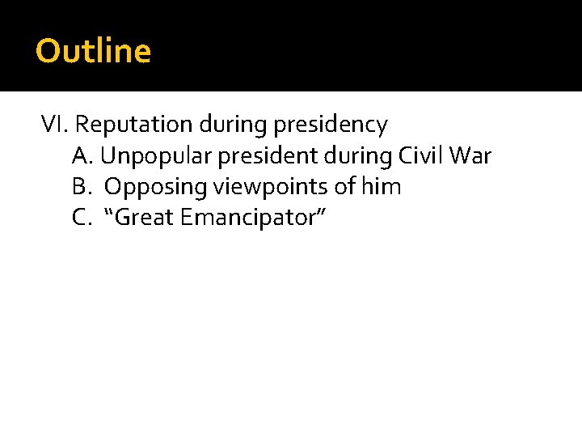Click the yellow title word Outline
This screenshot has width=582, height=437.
pyautogui.click(x=93, y=52)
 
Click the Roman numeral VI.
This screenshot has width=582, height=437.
pyautogui.click(x=56, y=125)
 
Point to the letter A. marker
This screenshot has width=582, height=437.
pyautogui.click(x=84, y=155)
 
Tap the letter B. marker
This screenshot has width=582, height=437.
pyautogui.click(x=83, y=187)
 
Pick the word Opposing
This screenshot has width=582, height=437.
pyautogui.click(x=156, y=188)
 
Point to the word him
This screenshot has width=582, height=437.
pyautogui.click(x=381, y=187)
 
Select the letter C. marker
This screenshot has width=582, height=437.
pyautogui.click(x=83, y=218)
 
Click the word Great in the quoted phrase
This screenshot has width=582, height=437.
pyautogui.click(x=145, y=218)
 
